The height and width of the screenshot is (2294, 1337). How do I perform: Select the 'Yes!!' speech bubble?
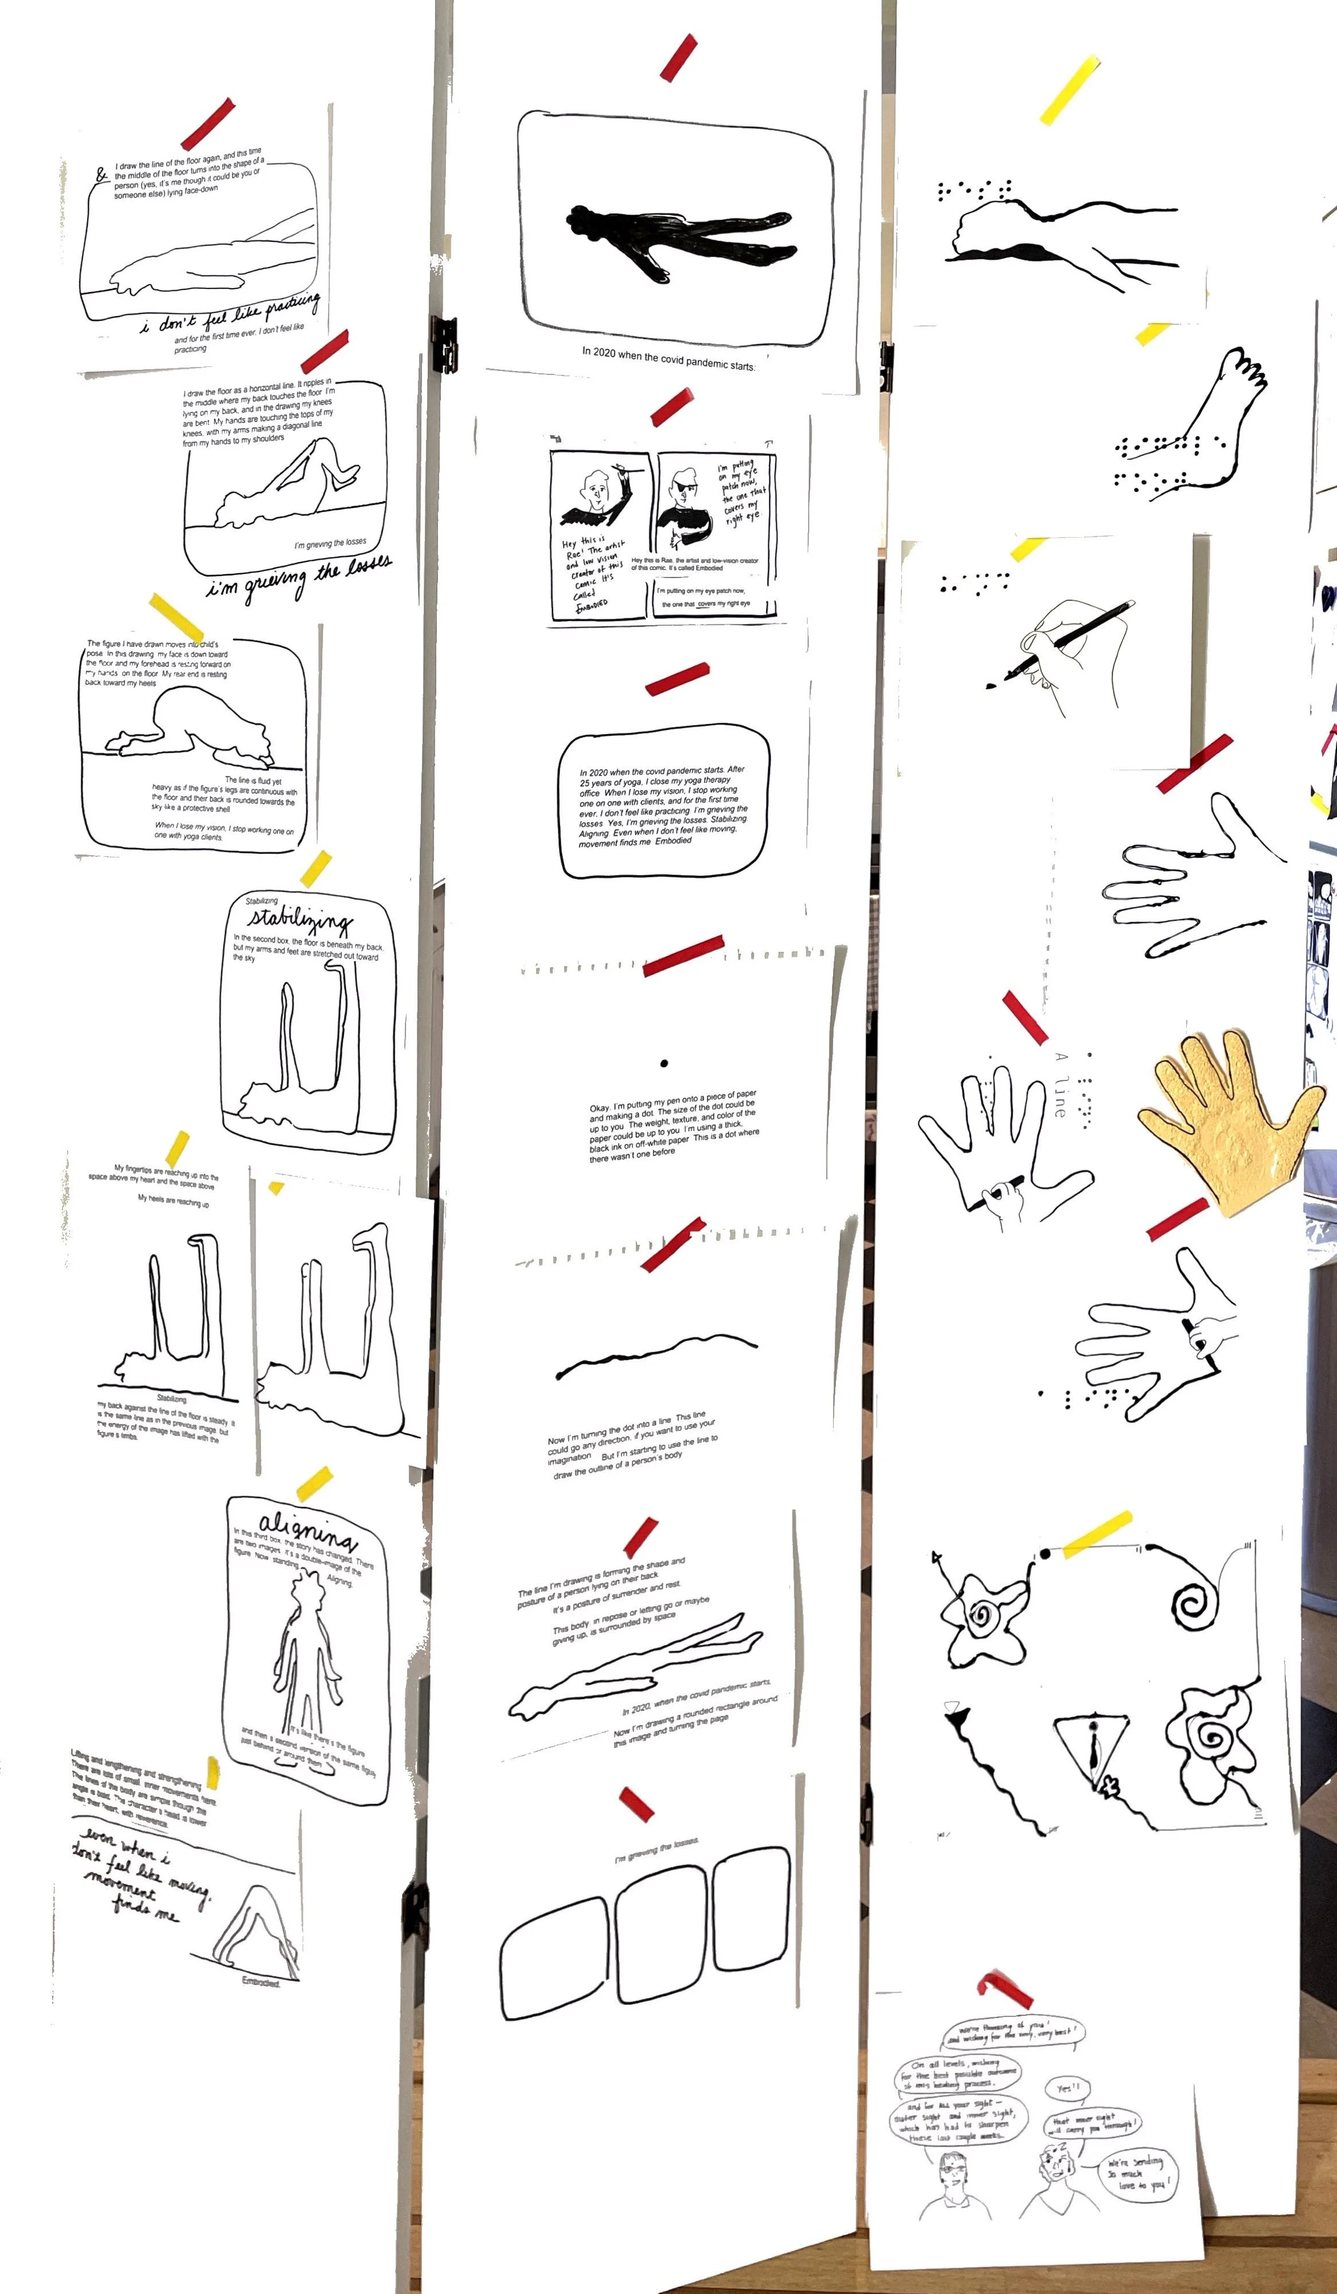pos(1067,2088)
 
